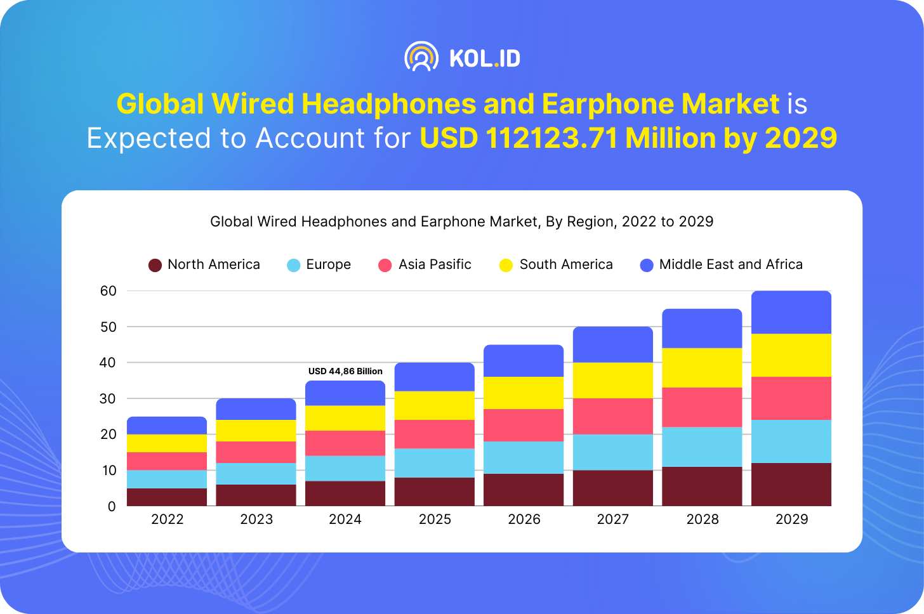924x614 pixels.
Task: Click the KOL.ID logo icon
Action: click(x=421, y=57)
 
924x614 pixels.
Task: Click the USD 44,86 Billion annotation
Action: click(x=345, y=371)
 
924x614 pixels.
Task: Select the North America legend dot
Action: click(x=155, y=265)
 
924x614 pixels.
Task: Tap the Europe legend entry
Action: click(x=319, y=265)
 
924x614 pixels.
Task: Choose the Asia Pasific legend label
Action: click(x=435, y=265)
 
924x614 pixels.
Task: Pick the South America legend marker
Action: click(x=506, y=265)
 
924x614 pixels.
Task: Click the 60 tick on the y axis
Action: click(x=109, y=291)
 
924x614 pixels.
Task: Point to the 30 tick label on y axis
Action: click(x=109, y=398)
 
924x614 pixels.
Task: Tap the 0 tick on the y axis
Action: click(x=112, y=506)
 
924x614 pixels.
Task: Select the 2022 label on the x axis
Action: click(x=167, y=519)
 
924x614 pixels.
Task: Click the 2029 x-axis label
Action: click(x=791, y=519)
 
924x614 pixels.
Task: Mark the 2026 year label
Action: click(x=524, y=519)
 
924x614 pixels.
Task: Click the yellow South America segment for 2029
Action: click(x=791, y=355)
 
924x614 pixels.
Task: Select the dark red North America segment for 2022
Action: click(x=167, y=497)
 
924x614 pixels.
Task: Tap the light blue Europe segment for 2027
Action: click(x=613, y=452)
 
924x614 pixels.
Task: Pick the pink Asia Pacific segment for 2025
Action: click(x=435, y=434)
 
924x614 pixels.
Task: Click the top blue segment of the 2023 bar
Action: click(x=256, y=409)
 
